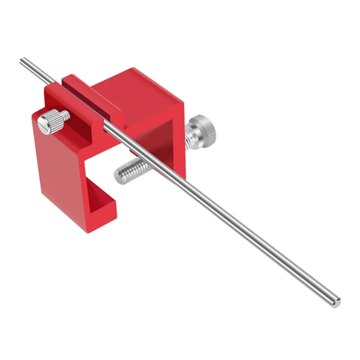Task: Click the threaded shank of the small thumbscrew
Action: click(65, 115)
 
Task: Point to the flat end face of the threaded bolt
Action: click(118, 175)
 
